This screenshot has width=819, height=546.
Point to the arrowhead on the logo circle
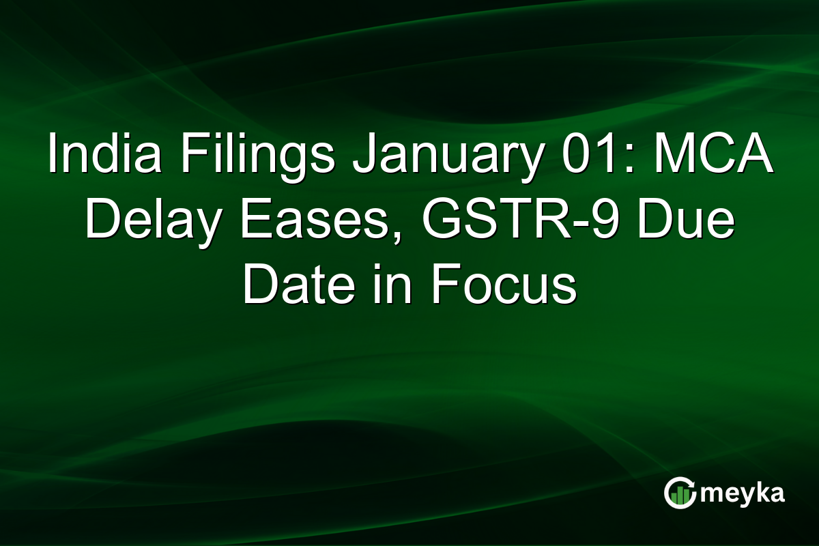(691, 485)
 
